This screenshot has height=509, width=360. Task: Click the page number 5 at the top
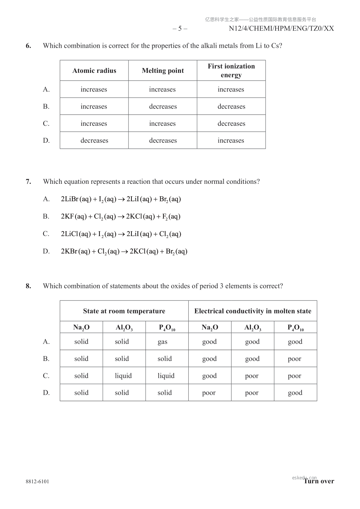(x=180, y=28)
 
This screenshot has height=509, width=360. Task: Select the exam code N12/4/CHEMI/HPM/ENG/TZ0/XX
(x=281, y=28)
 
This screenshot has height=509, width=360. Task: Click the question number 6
(x=28, y=46)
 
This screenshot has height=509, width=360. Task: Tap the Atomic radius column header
(x=94, y=71)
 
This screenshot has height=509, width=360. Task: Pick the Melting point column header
(x=163, y=71)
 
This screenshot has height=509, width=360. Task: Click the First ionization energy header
(x=231, y=70)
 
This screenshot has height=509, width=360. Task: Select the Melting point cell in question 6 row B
(x=163, y=106)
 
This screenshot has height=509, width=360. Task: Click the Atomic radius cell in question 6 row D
(x=94, y=141)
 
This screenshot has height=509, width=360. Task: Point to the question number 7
(x=28, y=182)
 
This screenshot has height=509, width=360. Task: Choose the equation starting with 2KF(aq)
(x=121, y=216)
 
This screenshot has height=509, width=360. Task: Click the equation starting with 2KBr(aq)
(x=124, y=251)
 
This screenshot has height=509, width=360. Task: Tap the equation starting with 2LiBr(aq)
(x=121, y=199)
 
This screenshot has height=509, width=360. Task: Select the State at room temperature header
(x=124, y=311)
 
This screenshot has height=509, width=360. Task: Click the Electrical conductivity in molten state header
(x=253, y=311)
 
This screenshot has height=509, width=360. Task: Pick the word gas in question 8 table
(x=162, y=342)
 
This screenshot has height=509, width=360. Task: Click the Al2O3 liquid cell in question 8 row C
(x=123, y=376)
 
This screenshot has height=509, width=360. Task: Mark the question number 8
(x=28, y=286)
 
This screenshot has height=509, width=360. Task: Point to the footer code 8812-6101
(x=37, y=481)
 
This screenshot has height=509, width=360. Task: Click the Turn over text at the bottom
(x=319, y=481)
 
